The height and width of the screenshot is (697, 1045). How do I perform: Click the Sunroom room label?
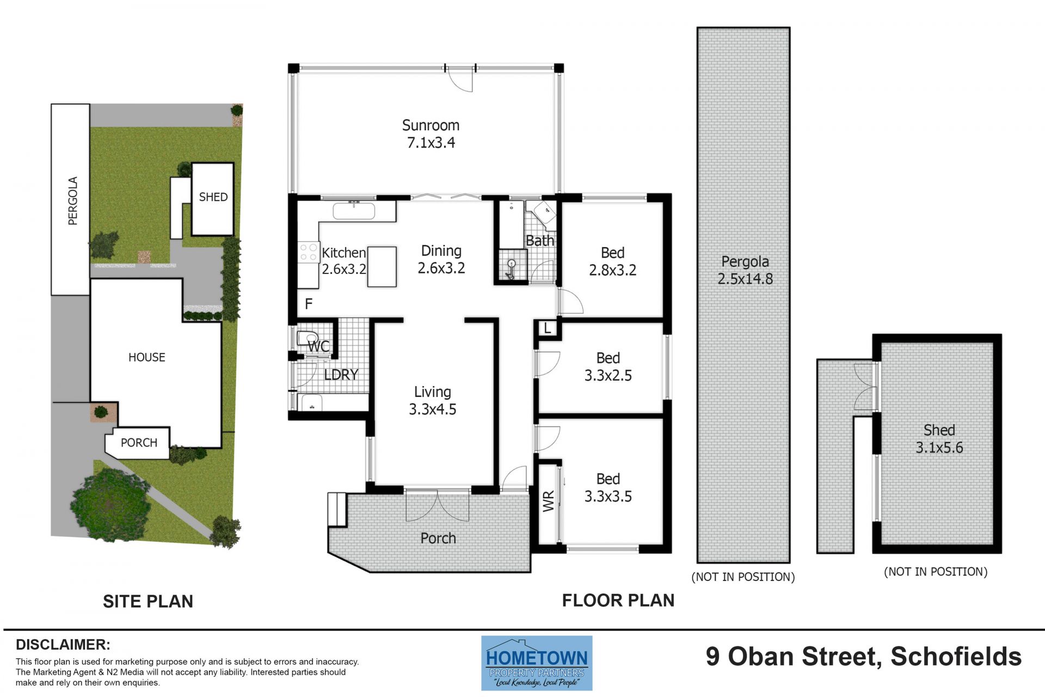pos(431,125)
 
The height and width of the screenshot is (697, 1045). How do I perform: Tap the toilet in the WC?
pos(308,338)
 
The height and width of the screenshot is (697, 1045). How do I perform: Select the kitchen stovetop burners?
pos(309,252)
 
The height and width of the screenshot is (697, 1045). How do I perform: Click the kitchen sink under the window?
pos(354,211)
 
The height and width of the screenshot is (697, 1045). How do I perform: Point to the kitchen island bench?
pos(382,267)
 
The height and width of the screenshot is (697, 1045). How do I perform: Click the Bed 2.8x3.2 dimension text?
pos(612,270)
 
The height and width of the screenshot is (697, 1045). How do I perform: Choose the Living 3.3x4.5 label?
pos(433,400)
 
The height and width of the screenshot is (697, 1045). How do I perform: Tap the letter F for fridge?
pos(309,304)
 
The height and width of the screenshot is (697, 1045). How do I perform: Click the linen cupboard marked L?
pos(548,328)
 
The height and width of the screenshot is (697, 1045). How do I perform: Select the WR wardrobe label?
pos(548,501)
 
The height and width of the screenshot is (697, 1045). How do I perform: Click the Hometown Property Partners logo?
pos(537,663)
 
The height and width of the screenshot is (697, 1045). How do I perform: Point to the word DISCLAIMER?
pos(63,645)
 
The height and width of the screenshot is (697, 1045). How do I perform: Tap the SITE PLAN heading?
pos(148,601)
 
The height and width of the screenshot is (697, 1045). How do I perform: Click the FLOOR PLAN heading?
pos(618,600)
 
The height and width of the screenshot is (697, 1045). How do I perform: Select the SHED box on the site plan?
pos(213,199)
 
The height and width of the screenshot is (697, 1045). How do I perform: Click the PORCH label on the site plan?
pos(139,443)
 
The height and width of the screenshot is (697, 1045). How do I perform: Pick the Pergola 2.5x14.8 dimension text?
pos(745,279)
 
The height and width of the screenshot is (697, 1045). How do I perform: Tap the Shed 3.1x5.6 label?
pos(939,439)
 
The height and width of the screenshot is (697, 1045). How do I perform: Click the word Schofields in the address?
pos(956,656)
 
